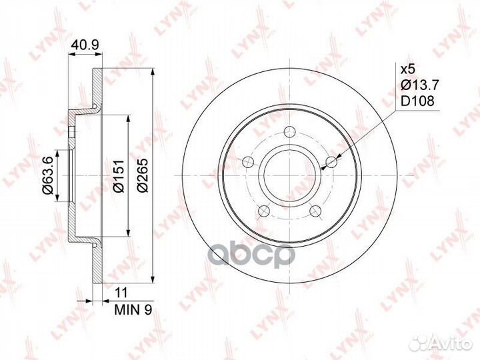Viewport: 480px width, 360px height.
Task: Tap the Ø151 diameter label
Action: (117, 177)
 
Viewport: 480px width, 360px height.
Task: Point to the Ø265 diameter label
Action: (143, 177)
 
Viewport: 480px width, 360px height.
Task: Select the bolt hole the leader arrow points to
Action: (331, 161)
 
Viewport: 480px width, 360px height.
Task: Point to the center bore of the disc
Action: (290, 175)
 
